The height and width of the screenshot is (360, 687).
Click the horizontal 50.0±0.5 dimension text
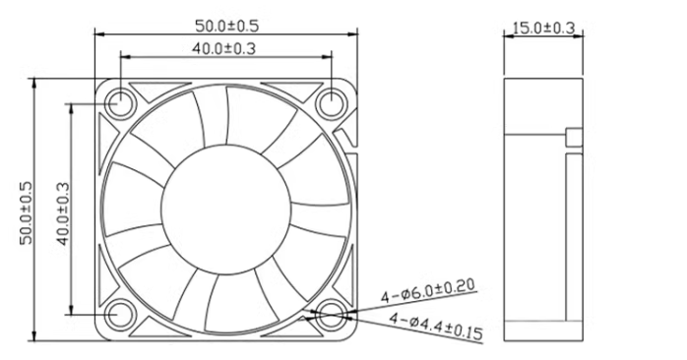coord(227,26)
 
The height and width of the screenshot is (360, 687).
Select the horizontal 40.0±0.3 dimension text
coord(223,48)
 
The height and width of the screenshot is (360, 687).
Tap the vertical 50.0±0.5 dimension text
coord(27,212)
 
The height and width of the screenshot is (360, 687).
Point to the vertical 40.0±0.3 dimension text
coord(63,213)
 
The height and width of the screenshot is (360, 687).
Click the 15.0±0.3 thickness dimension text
coord(543,28)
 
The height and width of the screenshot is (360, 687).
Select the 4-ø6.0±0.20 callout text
coord(427,291)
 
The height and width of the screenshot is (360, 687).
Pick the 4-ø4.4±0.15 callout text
coord(436,326)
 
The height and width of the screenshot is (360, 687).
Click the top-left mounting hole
coord(120,104)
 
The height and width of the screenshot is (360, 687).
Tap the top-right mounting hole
coord(332,104)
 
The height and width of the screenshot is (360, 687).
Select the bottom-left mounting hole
coord(120,315)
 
